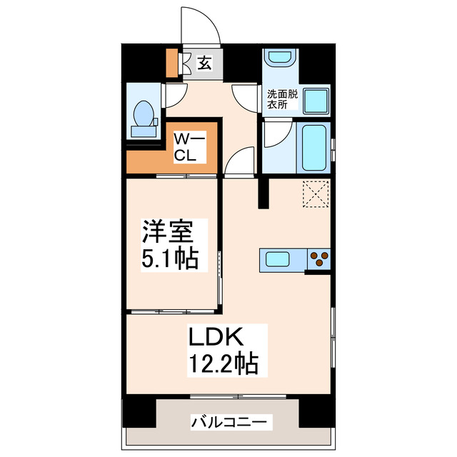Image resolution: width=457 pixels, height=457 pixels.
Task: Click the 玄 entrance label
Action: coord(204,64)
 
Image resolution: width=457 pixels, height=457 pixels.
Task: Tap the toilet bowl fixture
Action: coord(144,115)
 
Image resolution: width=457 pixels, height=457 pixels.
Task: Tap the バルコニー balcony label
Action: coord(231,422)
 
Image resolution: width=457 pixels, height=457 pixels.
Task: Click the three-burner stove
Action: coord(318,258)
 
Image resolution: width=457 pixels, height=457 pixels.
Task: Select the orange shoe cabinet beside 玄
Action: coord(171,63)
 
